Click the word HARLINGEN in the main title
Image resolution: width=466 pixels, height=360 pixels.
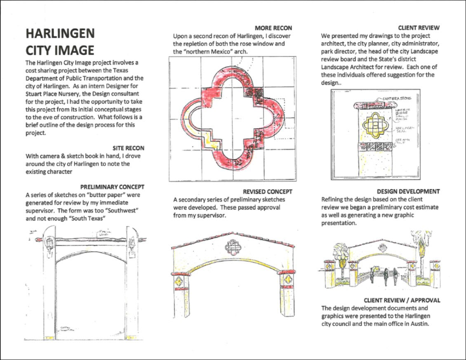pyautogui.click(x=60, y=34)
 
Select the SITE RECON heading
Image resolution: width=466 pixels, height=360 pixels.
pyautogui.click(x=128, y=148)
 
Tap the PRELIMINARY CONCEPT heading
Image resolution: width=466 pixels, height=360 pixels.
pyautogui.click(x=112, y=187)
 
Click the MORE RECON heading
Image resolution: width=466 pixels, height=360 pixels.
pyautogui.click(x=273, y=28)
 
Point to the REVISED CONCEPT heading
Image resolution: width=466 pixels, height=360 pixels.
pyautogui.click(x=267, y=192)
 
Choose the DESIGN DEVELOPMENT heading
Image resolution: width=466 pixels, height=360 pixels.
pyautogui.click(x=408, y=192)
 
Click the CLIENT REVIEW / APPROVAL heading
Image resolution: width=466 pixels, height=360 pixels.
pyautogui.click(x=402, y=300)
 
